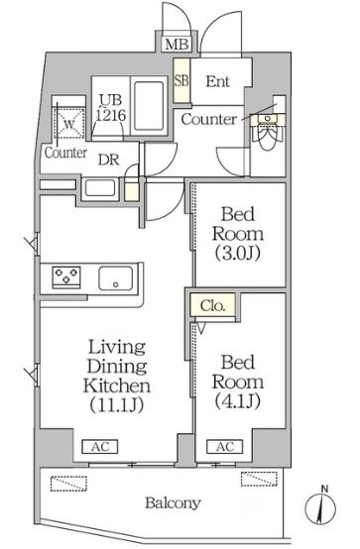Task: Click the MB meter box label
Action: click(x=178, y=45)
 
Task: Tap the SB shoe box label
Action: click(x=181, y=81)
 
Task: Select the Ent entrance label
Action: click(x=217, y=81)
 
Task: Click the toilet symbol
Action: click(x=268, y=131)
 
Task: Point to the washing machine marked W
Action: click(x=69, y=124)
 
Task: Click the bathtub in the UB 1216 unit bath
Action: click(x=150, y=106)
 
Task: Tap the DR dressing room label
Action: click(x=109, y=160)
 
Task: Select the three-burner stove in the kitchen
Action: click(x=66, y=277)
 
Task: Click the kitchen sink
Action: click(x=116, y=278)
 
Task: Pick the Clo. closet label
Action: click(x=212, y=306)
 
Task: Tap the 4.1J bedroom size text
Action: click(x=238, y=401)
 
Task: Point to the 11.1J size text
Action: click(x=117, y=405)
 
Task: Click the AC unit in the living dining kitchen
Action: click(x=100, y=447)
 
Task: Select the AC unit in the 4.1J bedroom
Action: click(x=225, y=447)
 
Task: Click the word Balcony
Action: click(x=173, y=503)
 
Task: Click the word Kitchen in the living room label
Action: click(x=117, y=385)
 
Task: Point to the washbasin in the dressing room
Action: click(x=100, y=188)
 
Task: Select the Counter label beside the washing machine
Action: click(x=65, y=153)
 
